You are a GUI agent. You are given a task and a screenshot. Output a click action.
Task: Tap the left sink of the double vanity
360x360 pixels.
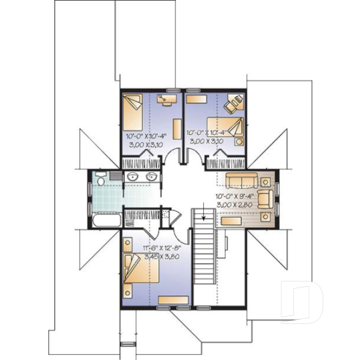pos(132,178)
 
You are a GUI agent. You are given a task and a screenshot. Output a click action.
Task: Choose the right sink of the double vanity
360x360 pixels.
pos(152,178)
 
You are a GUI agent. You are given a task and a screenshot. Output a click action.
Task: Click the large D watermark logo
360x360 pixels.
pos(304,301)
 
